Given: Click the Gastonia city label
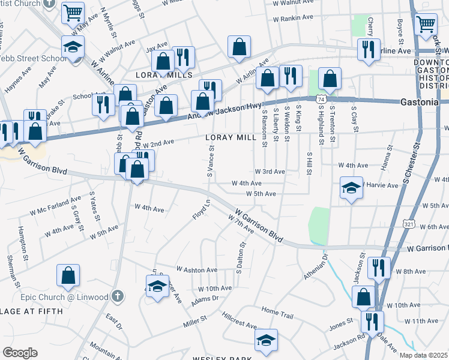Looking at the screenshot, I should pyautogui.click(x=420, y=103).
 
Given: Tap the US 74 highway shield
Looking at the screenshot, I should pyautogui.click(x=322, y=98).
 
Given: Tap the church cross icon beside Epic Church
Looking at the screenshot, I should pyautogui.click(x=118, y=296).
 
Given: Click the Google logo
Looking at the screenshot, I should pyautogui.click(x=20, y=353).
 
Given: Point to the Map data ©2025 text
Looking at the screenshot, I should pyautogui.click(x=423, y=355).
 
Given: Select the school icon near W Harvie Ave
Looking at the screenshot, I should pyautogui.click(x=351, y=188).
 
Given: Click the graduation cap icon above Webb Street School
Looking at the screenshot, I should pyautogui.click(x=73, y=47).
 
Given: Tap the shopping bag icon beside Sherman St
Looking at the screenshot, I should pyautogui.click(x=68, y=276).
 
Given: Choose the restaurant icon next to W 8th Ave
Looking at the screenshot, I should pyautogui.click(x=378, y=268).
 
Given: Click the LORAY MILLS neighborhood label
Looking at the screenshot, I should pyautogui.click(x=164, y=76).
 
